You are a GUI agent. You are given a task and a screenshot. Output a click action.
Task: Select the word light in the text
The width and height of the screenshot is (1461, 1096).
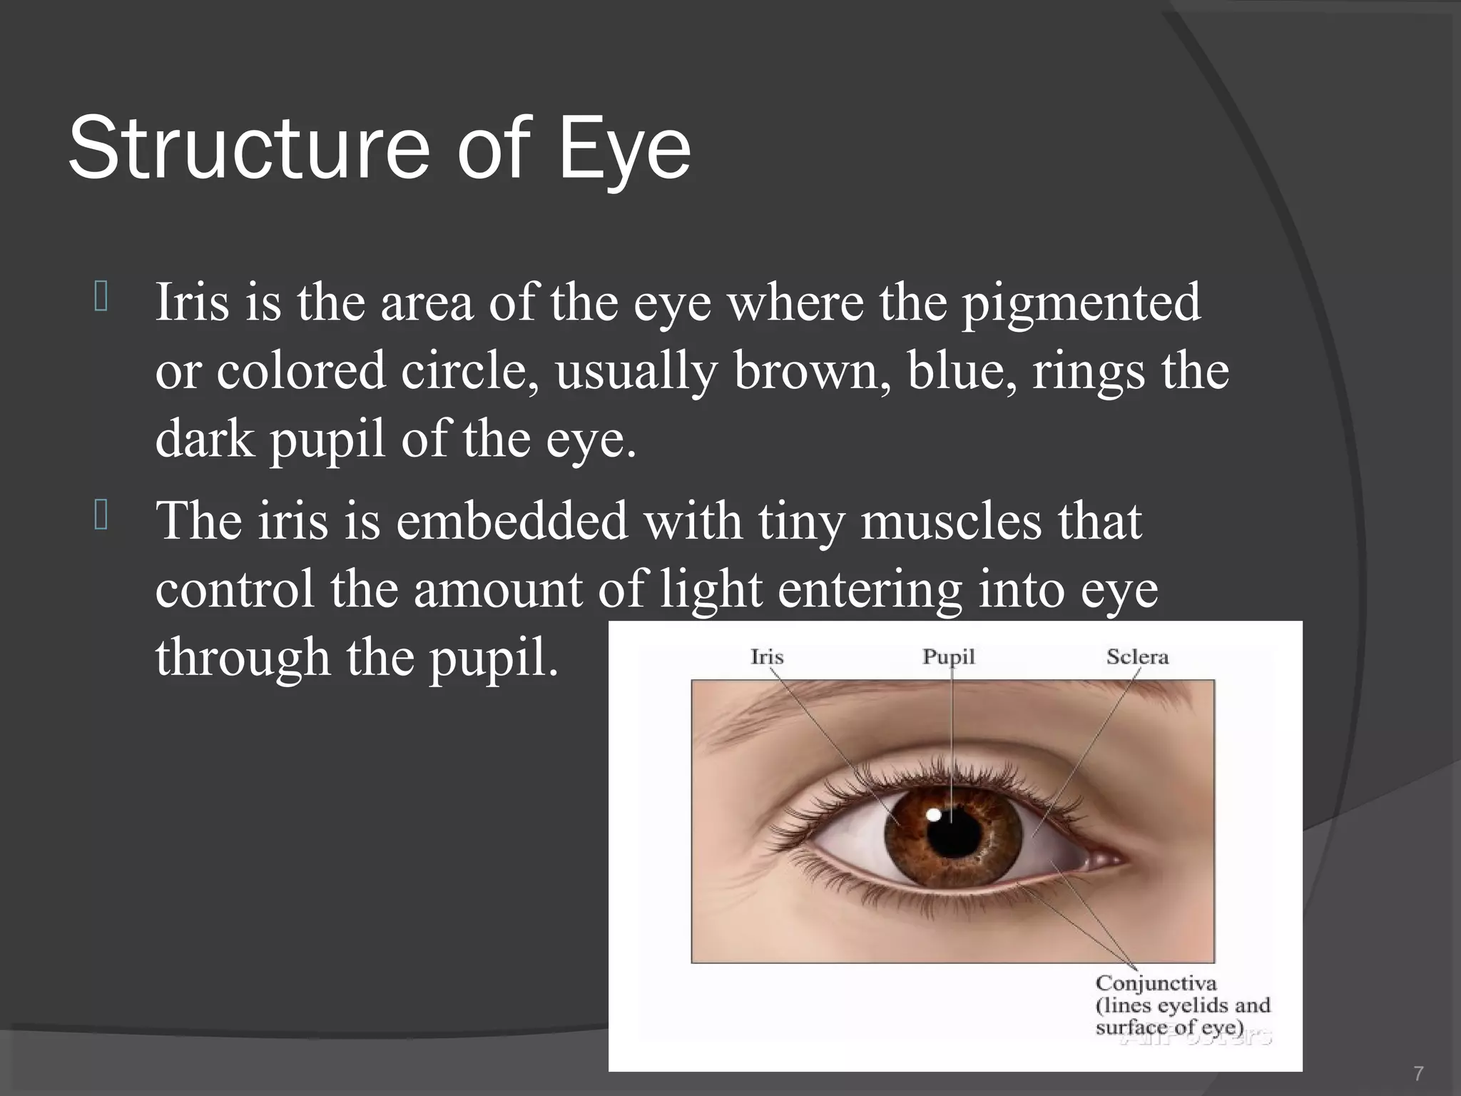click(x=711, y=591)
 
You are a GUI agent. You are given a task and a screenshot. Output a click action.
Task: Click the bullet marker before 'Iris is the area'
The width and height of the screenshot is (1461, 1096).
click(x=101, y=298)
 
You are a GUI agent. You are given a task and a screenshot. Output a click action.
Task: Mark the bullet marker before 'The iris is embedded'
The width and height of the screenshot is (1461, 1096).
click(x=101, y=517)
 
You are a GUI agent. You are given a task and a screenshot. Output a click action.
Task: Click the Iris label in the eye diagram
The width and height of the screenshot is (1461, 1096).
click(x=767, y=656)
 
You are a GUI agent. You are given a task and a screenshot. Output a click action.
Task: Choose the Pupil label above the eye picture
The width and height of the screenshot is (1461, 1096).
click(x=948, y=656)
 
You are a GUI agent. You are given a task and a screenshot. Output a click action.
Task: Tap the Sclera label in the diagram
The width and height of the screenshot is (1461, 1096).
click(x=1137, y=656)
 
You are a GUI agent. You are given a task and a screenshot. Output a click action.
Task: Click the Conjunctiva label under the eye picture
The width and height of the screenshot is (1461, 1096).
click(x=1156, y=983)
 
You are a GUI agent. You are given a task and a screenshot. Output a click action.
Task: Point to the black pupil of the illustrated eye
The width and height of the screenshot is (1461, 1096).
click(x=953, y=831)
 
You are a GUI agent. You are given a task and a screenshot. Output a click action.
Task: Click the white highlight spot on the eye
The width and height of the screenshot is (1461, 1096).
click(x=933, y=814)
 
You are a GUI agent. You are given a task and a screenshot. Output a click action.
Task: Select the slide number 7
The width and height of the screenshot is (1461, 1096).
click(x=1418, y=1072)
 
